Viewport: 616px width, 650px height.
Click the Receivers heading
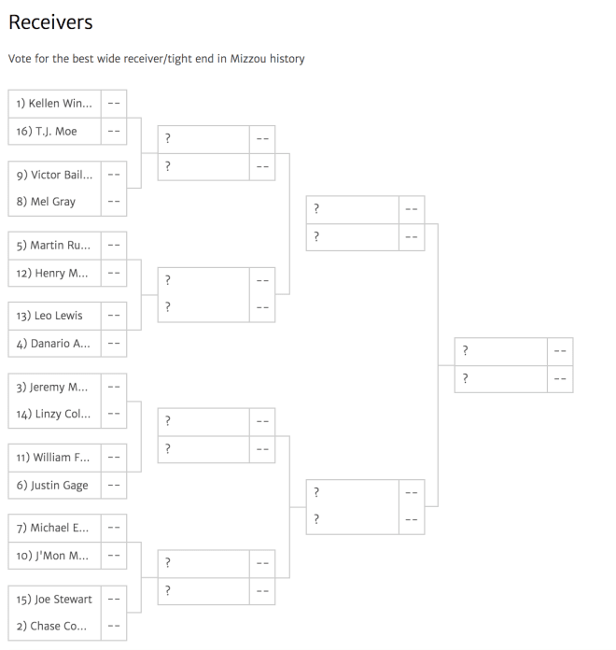click(x=50, y=22)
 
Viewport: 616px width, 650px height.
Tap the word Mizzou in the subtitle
click(x=247, y=59)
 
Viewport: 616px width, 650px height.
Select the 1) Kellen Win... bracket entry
click(x=54, y=104)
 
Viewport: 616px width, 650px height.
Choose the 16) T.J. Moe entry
click(x=47, y=132)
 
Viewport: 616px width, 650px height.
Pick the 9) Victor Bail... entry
click(x=54, y=175)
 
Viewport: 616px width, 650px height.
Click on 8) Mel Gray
click(x=46, y=202)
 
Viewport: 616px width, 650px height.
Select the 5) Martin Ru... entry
click(x=53, y=246)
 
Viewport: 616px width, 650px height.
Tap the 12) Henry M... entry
click(x=51, y=274)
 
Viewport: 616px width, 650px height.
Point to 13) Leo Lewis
click(x=49, y=316)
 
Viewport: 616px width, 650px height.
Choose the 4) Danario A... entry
click(x=53, y=344)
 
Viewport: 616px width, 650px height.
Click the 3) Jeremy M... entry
click(x=51, y=388)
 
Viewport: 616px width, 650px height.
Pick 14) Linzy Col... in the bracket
click(x=53, y=414)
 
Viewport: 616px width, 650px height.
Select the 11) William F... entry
click(x=52, y=458)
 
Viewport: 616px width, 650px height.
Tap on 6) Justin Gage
click(x=52, y=486)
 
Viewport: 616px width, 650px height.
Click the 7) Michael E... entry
click(x=52, y=528)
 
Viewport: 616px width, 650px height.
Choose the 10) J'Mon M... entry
click(x=52, y=556)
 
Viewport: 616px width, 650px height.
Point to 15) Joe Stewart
click(x=54, y=600)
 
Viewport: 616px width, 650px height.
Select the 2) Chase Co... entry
click(x=51, y=626)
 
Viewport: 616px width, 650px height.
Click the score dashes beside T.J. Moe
click(x=114, y=132)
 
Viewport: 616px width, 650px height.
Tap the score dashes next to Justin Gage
click(x=114, y=486)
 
